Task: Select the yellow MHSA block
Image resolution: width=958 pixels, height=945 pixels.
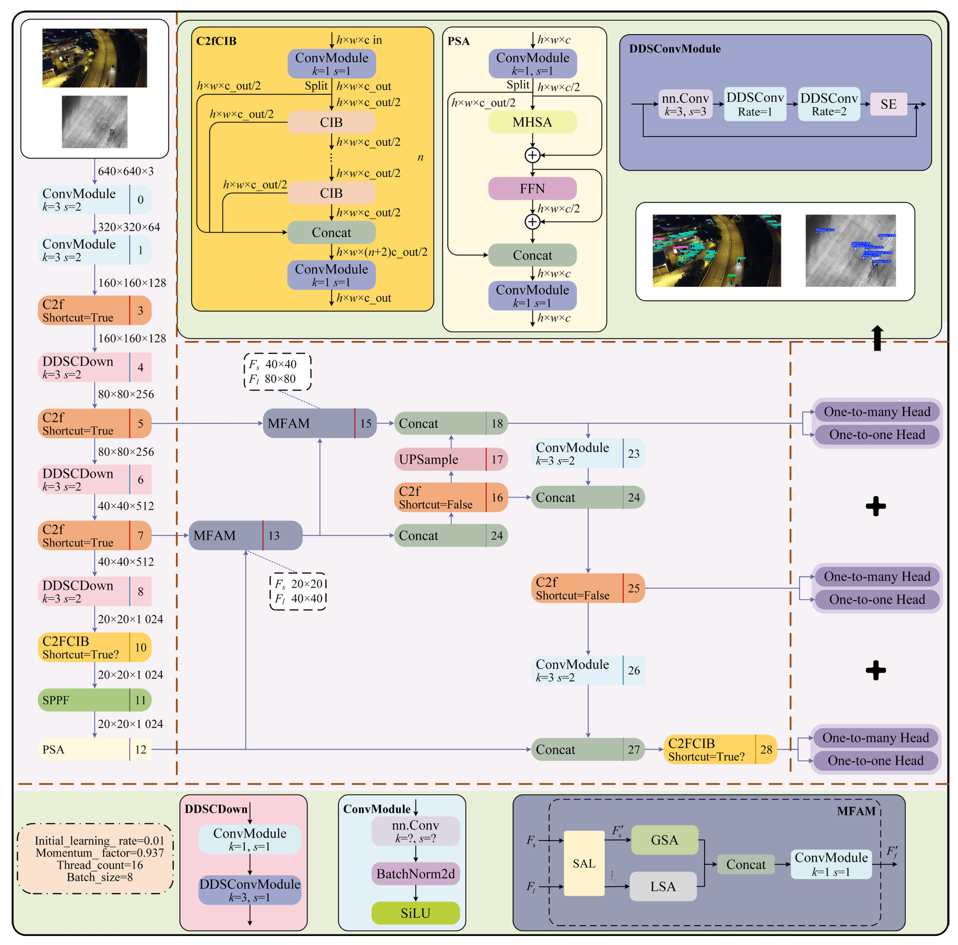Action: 532,122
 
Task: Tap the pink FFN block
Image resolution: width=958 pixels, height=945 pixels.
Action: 532,188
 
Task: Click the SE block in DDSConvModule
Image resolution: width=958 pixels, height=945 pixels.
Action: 888,104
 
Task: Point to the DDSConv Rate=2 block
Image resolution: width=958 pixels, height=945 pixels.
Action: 829,104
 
